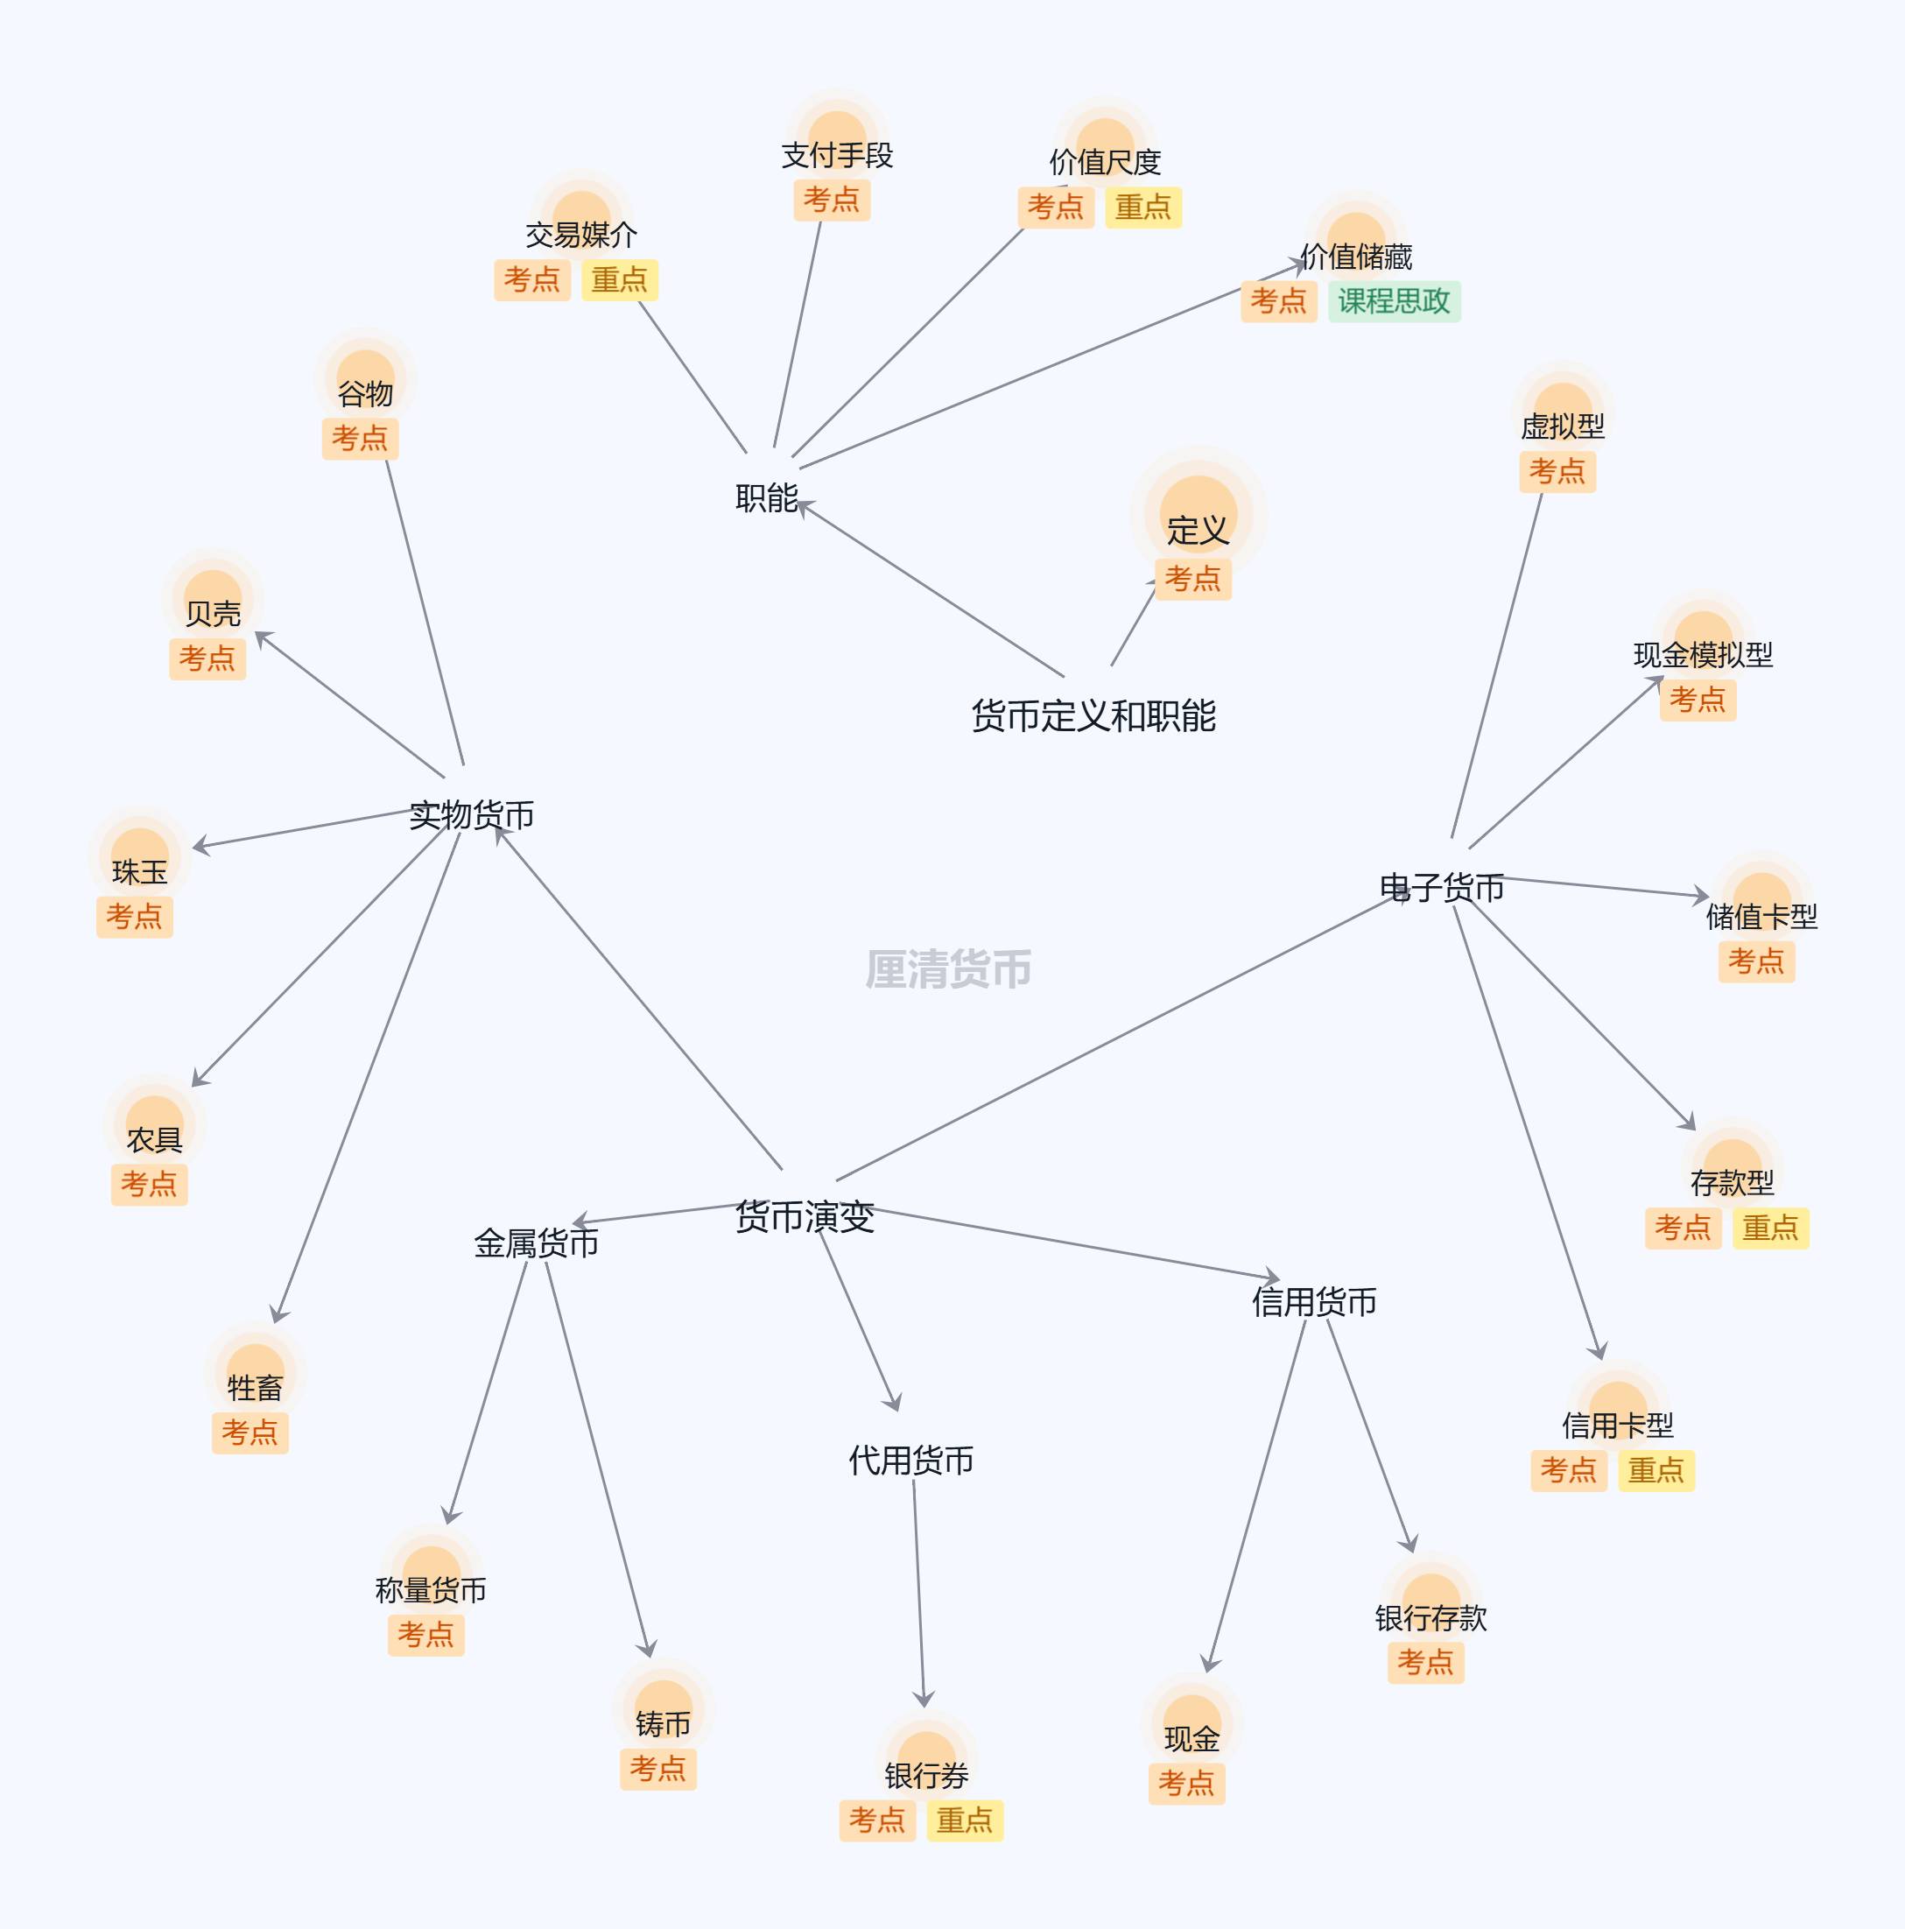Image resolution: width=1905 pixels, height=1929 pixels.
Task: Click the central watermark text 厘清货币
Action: point(948,969)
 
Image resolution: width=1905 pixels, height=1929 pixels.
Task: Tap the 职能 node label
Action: point(767,497)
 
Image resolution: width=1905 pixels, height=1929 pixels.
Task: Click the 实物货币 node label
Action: point(471,814)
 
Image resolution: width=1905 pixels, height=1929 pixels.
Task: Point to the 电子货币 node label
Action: point(1442,887)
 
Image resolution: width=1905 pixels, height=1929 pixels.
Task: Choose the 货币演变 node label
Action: point(805,1216)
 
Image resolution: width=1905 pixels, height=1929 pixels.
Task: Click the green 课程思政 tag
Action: point(1394,300)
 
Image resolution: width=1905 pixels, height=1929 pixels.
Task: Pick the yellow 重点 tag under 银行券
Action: point(965,1820)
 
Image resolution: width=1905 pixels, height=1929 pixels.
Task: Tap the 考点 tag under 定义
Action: point(1193,578)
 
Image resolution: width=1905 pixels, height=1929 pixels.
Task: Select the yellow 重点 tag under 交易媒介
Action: point(620,279)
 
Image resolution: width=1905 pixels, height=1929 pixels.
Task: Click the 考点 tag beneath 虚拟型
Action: point(1557,471)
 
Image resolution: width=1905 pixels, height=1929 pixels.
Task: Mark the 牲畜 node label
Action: point(255,1387)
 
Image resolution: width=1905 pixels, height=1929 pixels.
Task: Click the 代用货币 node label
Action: point(910,1460)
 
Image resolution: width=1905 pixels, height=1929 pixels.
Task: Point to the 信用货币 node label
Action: point(1314,1301)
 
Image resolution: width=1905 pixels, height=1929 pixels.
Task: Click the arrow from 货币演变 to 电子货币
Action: point(1118,1038)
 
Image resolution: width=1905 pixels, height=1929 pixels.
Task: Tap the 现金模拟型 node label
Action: point(1702,655)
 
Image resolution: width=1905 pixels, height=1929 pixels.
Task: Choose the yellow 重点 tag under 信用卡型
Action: point(1656,1469)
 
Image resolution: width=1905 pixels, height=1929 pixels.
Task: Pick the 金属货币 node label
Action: point(536,1243)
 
